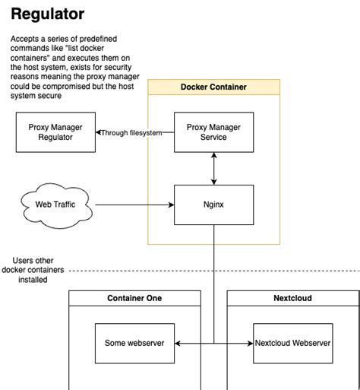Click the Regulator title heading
point(47,14)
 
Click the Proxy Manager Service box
point(213,132)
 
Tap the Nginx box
point(213,205)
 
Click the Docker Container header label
point(213,87)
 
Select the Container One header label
point(134,298)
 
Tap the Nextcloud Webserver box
point(292,343)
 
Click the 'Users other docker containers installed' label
point(33,270)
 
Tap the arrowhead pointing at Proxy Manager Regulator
point(98,132)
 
